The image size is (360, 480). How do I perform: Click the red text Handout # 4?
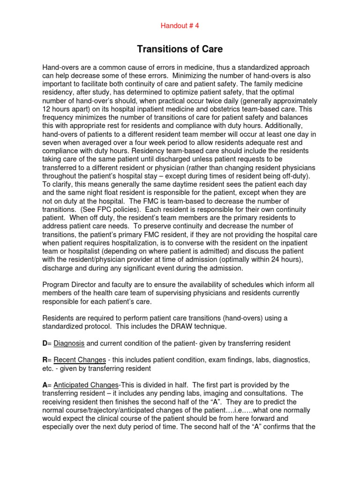click(x=180, y=26)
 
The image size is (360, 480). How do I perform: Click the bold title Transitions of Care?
click(x=180, y=49)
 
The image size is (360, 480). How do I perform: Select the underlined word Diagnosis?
click(x=69, y=343)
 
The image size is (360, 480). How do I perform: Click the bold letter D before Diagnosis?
click(x=45, y=343)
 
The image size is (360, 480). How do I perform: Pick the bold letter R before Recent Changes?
click(x=45, y=360)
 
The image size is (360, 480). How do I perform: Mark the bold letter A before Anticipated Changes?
click(x=45, y=385)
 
